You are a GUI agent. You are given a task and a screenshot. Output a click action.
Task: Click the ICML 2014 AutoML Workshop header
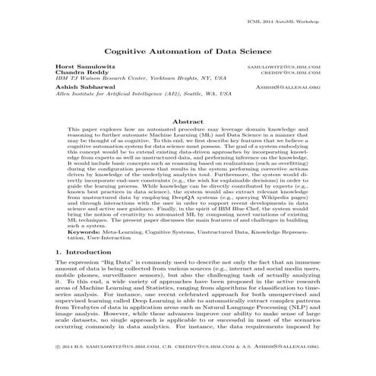point(289,8)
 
